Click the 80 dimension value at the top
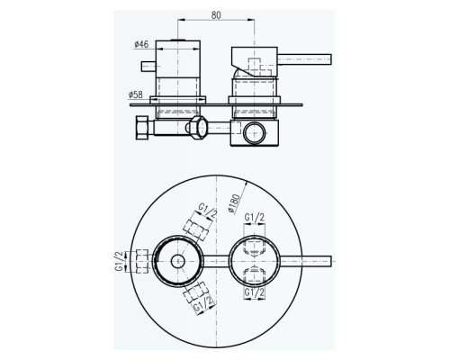[216, 15]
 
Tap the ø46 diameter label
[141, 44]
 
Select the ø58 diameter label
[136, 95]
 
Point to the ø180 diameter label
[234, 203]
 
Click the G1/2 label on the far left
[119, 262]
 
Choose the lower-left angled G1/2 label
[205, 303]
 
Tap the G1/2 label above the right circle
[255, 218]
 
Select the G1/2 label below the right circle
[255, 292]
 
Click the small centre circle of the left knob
[178, 261]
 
